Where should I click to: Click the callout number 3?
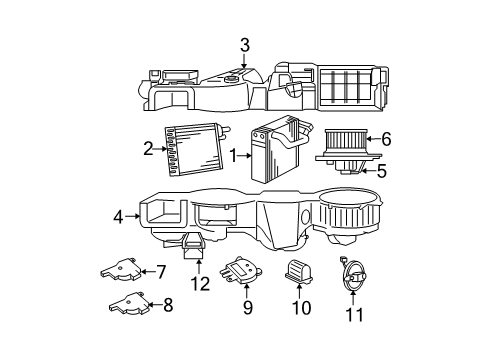(244, 44)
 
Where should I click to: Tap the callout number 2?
(148, 149)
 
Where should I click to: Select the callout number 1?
(233, 156)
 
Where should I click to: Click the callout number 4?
(118, 214)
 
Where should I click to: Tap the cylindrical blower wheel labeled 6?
(345, 143)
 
